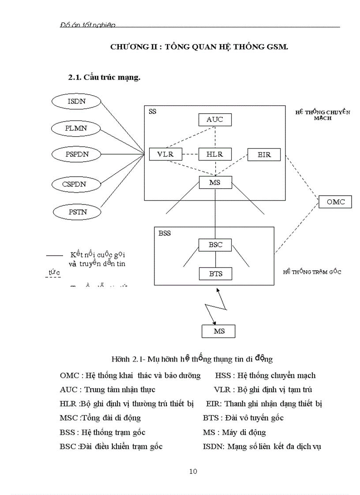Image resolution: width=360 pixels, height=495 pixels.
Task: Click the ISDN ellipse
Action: [77, 101]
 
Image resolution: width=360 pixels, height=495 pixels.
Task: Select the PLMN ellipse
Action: [77, 128]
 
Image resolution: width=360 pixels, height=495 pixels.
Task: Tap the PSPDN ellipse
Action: [77, 155]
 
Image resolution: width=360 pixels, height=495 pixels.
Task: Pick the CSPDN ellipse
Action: [77, 184]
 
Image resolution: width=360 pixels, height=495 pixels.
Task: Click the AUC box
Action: [215, 119]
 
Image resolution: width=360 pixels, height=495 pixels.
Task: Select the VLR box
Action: [165, 154]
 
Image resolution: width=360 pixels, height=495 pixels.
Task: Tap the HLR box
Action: [215, 154]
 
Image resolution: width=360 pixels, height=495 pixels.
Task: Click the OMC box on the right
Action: [335, 202]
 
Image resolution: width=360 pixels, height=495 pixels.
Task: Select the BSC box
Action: [215, 245]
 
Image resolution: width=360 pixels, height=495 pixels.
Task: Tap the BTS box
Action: [215, 274]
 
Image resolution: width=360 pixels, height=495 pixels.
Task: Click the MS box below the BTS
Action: [219, 331]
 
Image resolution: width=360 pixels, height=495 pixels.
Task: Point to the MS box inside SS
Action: [215, 182]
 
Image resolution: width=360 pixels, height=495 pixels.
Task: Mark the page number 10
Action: [193, 471]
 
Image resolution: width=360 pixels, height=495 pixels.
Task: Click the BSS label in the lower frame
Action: [164, 233]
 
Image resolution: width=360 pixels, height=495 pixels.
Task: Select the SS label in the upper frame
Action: [152, 112]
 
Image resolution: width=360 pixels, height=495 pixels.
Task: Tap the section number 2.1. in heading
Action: [75, 77]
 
